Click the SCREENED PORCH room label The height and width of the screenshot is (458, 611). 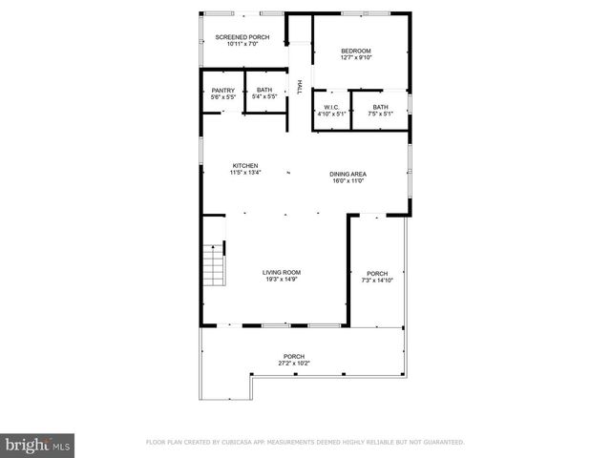click(x=242, y=37)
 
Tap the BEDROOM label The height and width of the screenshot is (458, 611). click(x=355, y=51)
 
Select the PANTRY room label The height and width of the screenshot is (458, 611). click(x=222, y=91)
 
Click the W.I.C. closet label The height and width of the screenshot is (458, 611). click(x=332, y=107)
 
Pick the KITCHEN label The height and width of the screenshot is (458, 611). click(x=244, y=165)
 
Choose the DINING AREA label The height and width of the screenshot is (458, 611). click(x=348, y=173)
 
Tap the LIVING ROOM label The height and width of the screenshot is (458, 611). click(x=282, y=273)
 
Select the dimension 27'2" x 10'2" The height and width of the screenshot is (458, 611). click(x=294, y=364)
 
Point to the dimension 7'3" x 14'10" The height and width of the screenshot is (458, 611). click(x=376, y=280)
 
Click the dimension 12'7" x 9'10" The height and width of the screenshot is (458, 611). click(x=355, y=57)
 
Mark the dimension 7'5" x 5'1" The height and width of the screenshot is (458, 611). click(x=380, y=114)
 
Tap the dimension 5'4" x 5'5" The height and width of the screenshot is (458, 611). click(x=264, y=97)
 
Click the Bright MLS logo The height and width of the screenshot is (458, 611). click(x=38, y=444)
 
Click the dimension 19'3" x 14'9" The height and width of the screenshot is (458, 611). click(x=282, y=280)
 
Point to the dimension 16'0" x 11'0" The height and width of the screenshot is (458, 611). click(x=348, y=179)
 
